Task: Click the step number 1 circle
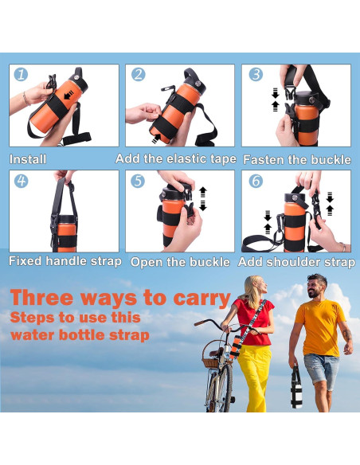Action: click(x=21, y=75)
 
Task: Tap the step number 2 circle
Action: click(x=138, y=75)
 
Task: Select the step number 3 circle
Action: click(x=255, y=75)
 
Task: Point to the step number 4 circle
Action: click(x=21, y=181)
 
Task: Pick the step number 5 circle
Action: click(x=138, y=181)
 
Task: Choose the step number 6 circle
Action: click(x=255, y=181)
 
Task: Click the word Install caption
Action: click(x=28, y=159)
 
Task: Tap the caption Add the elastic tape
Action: click(x=176, y=159)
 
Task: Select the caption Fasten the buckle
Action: click(x=296, y=159)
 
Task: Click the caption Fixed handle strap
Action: click(x=65, y=261)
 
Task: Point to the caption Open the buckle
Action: click(x=180, y=261)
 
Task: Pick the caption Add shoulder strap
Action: click(x=296, y=261)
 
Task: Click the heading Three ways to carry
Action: click(x=120, y=299)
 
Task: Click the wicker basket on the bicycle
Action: click(x=211, y=360)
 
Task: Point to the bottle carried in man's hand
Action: click(x=296, y=391)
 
